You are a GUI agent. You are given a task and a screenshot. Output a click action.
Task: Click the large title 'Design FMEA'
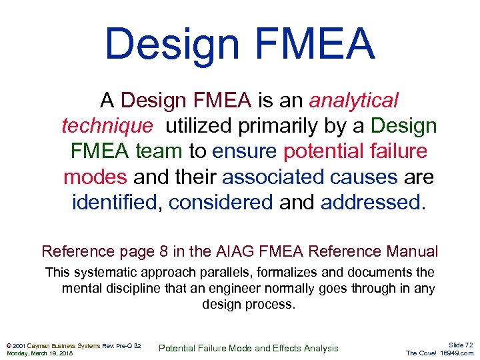tap(240, 43)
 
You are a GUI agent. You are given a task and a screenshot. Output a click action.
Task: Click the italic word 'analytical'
tap(353, 101)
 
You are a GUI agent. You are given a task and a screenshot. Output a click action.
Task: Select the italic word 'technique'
tap(107, 126)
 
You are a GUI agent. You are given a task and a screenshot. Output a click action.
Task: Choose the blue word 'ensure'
tap(245, 151)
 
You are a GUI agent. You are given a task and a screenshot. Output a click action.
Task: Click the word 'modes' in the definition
tap(95, 177)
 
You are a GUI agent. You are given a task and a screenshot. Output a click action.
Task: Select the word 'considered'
tap(221, 202)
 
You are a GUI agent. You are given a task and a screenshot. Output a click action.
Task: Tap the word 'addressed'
tap(371, 202)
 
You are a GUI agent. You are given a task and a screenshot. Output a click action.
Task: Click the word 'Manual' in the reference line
tap(411, 251)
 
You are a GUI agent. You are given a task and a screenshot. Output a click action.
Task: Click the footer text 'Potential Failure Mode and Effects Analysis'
tap(250, 348)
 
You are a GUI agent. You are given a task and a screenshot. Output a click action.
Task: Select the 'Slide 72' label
tap(461, 345)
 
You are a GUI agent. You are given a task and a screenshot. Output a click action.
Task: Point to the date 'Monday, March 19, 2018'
tap(40, 353)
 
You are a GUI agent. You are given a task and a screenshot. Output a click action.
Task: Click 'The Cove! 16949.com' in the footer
tap(440, 353)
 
